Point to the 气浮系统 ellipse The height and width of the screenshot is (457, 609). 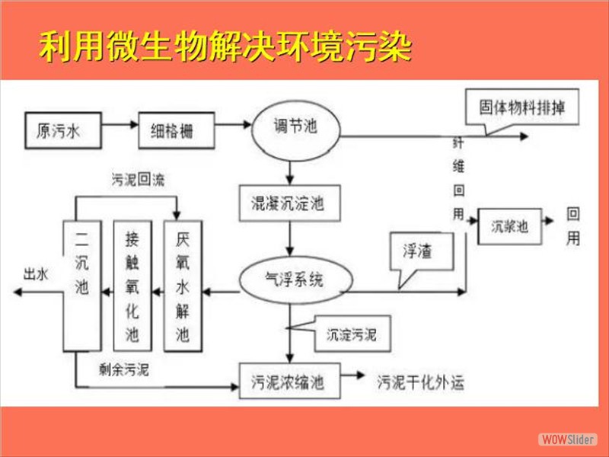(293, 280)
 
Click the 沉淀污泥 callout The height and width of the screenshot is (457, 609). (351, 334)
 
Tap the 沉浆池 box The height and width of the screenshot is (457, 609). (509, 225)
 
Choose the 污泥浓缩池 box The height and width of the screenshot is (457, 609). (288, 382)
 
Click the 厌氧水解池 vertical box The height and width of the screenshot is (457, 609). (182, 285)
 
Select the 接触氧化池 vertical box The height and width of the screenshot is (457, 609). (132, 285)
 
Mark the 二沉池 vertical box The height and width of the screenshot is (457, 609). (82, 285)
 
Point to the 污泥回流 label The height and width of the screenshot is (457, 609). (138, 181)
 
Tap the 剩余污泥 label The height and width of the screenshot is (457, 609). (124, 369)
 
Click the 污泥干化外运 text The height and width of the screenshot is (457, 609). (420, 382)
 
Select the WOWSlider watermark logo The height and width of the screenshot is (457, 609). (566, 439)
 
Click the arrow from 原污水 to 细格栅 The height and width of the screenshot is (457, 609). (120, 130)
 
